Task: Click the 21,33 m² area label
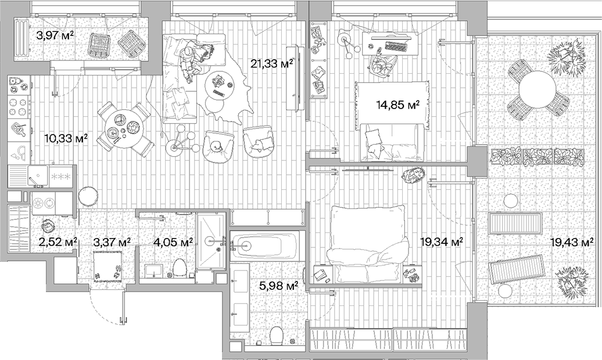(x=271, y=64)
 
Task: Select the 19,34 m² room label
(x=440, y=242)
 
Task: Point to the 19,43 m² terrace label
(x=572, y=242)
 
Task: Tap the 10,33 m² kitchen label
(x=66, y=138)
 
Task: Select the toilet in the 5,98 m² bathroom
(x=277, y=335)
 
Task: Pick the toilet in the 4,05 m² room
(x=180, y=267)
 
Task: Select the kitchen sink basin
(x=38, y=176)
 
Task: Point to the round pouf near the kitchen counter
(x=88, y=196)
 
